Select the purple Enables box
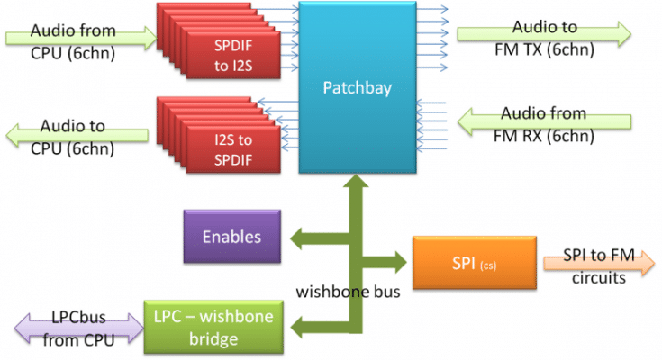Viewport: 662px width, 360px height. (231, 237)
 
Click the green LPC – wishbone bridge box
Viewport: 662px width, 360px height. (210, 328)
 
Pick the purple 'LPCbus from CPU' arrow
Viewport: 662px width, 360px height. (72, 328)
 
